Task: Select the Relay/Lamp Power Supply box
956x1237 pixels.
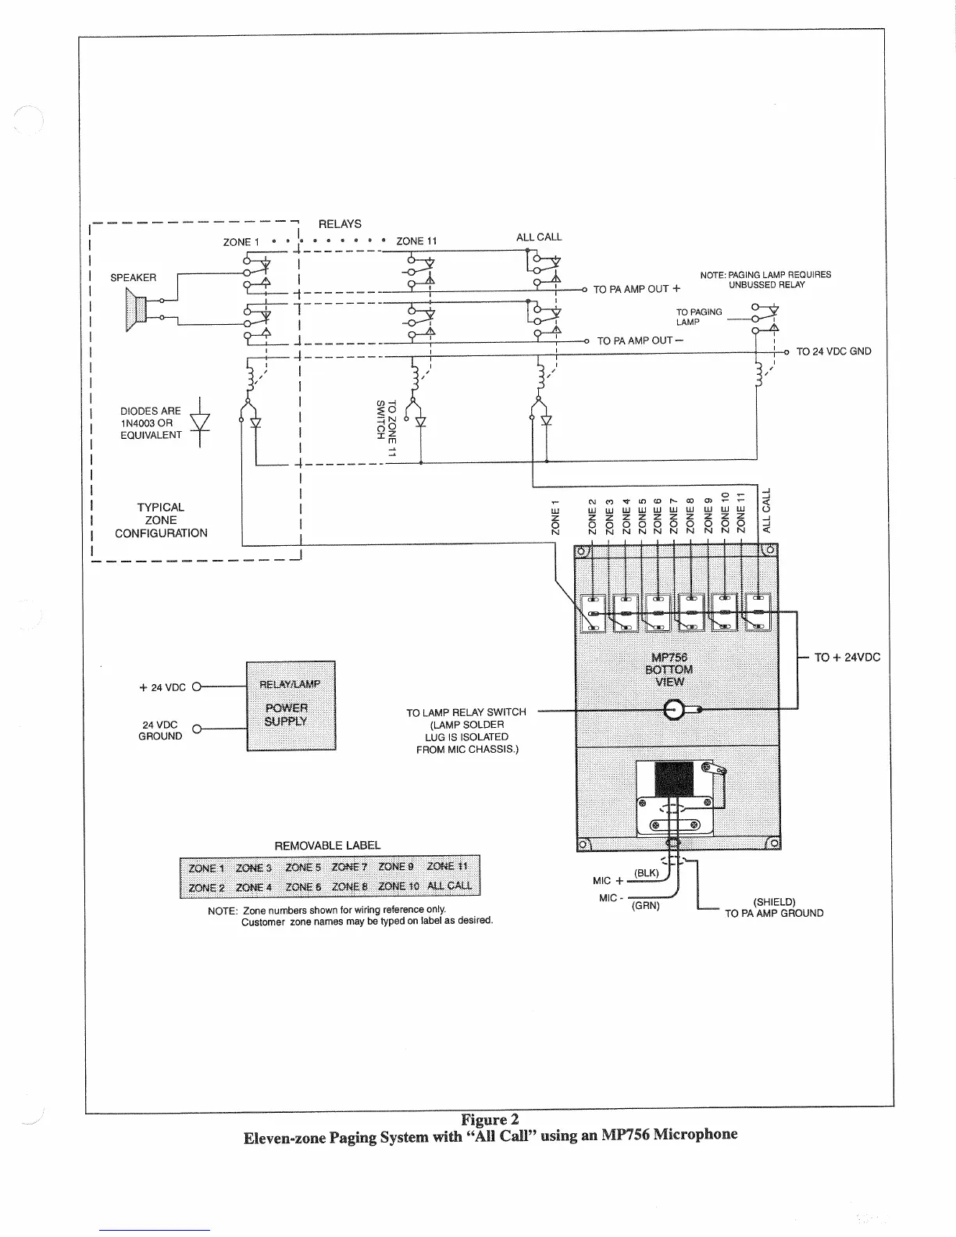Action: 291,705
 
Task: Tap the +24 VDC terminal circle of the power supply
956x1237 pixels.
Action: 197,687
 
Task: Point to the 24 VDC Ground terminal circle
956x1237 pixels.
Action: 197,729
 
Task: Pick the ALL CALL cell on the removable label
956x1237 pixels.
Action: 448,886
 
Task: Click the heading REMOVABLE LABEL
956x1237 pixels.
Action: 327,845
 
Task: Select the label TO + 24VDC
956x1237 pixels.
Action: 847,658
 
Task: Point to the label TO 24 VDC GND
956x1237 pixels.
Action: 833,351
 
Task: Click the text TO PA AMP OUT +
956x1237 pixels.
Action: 637,289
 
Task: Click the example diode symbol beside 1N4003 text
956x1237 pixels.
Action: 200,422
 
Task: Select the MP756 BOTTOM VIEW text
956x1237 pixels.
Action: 669,669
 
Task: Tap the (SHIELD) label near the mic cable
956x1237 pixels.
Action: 773,901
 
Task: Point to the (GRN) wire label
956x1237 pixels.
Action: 646,906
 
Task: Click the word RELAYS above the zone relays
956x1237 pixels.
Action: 340,224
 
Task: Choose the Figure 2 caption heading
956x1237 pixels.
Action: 490,1119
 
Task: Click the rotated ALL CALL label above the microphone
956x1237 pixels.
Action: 766,510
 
